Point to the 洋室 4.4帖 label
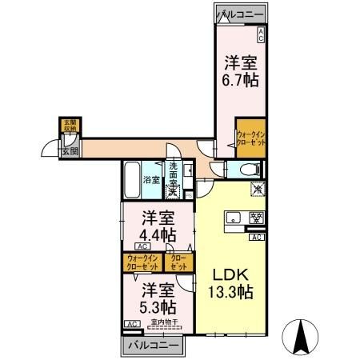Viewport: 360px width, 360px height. coord(158,226)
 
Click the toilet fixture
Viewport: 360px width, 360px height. coord(248,169)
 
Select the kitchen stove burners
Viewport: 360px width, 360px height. coord(257,218)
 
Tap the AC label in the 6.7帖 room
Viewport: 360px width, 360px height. coord(261,33)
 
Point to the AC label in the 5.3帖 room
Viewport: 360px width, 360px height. coord(130,323)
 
